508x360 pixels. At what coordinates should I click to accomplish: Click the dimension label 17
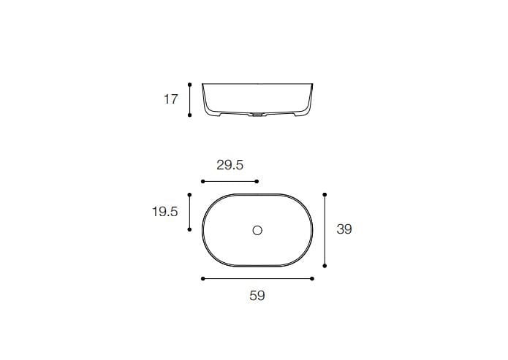point(170,99)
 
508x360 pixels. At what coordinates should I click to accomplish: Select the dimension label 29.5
point(230,165)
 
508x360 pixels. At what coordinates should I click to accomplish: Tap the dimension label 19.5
point(164,212)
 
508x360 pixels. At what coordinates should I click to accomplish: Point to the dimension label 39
point(344,229)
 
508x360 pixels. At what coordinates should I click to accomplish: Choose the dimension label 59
point(257,296)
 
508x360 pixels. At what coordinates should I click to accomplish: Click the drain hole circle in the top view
point(257,231)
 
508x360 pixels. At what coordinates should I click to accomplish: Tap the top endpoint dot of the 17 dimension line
point(190,83)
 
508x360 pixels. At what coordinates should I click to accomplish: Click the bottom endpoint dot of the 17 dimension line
point(190,115)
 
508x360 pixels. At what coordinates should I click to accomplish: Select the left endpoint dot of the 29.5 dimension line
point(202,181)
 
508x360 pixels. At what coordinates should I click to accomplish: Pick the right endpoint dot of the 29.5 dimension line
point(257,181)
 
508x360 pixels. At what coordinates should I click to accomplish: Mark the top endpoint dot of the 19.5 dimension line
point(190,195)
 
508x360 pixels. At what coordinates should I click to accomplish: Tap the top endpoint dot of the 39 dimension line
point(325,195)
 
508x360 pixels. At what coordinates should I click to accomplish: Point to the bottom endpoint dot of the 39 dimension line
point(325,266)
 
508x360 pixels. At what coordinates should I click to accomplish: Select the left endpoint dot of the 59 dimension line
point(202,279)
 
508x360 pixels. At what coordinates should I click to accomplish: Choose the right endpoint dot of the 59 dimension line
point(313,279)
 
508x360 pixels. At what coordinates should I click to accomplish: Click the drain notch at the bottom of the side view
point(257,115)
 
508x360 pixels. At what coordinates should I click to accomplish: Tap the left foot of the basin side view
point(213,115)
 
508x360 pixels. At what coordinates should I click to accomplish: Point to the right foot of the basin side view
point(301,115)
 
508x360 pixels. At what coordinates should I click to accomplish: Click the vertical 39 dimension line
point(325,230)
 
